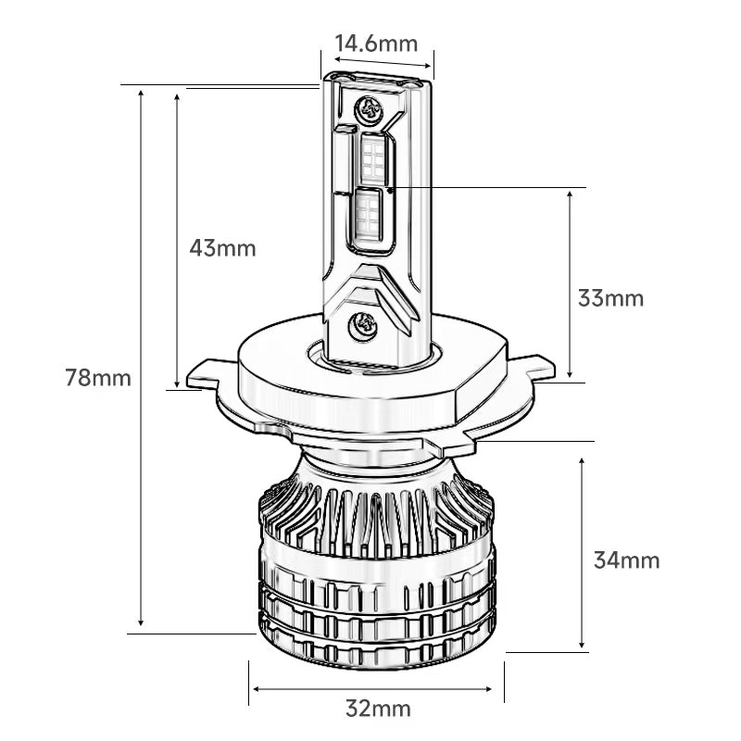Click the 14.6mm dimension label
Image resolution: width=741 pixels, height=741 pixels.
click(x=377, y=44)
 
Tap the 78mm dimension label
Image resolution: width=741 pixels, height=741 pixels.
click(x=98, y=378)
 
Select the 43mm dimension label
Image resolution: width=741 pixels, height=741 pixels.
click(x=222, y=247)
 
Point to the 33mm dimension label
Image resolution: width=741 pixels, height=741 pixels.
click(x=610, y=298)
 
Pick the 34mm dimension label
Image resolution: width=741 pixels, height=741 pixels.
click(x=627, y=560)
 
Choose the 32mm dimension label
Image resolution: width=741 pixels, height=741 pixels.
click(x=378, y=709)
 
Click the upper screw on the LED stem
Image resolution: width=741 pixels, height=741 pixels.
click(x=369, y=109)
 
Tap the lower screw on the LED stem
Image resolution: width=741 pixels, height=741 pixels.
click(x=363, y=325)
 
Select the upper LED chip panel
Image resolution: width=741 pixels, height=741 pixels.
click(x=373, y=159)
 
